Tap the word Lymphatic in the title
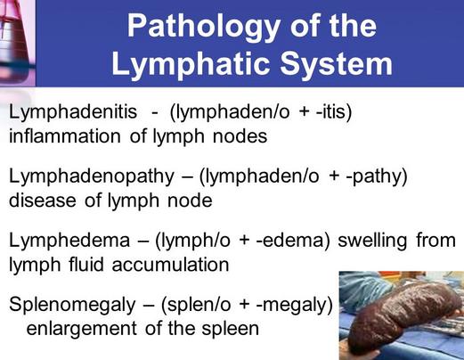point(191,65)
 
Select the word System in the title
point(337,65)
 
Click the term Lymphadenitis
point(73,113)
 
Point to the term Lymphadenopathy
point(92,177)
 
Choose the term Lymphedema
point(69,241)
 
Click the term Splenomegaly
point(72,306)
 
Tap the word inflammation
point(65,136)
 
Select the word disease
point(43,200)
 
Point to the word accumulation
point(170,265)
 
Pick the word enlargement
point(82,329)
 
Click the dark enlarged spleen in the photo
point(404,315)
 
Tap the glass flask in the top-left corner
point(17,43)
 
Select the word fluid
point(86,265)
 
